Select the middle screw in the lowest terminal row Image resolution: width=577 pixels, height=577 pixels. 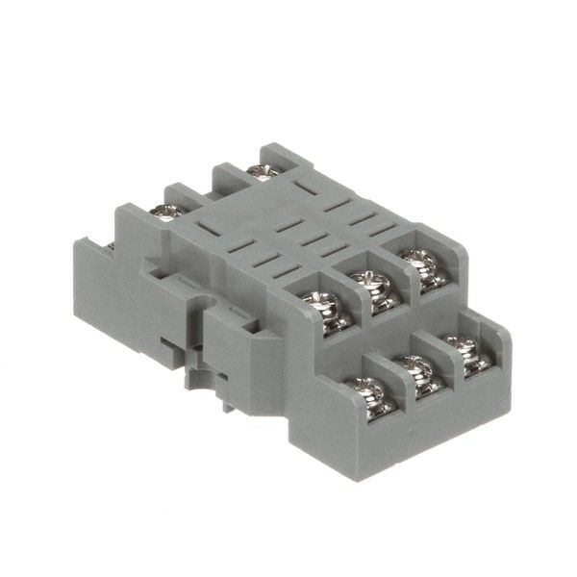(415, 373)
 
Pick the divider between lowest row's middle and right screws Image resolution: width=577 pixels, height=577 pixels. (439, 370)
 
